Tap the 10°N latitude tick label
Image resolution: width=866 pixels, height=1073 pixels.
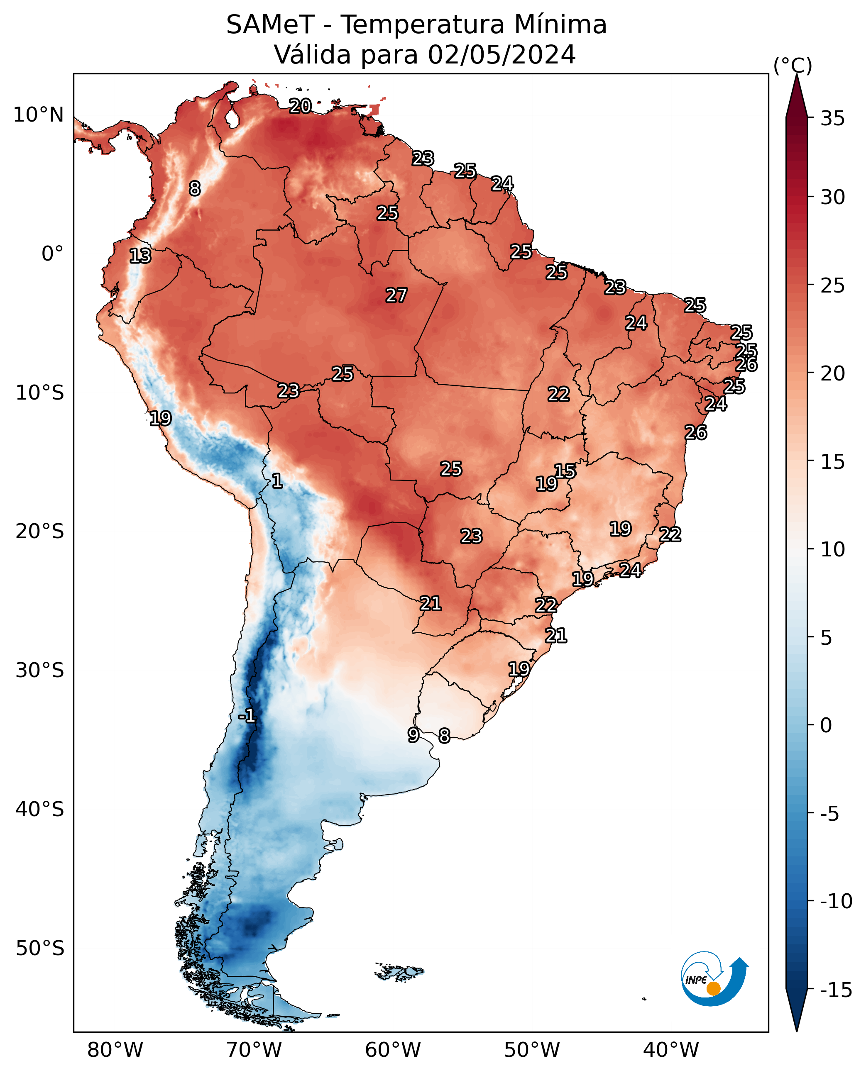coord(39,115)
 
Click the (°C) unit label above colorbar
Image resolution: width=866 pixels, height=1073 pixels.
coord(793,65)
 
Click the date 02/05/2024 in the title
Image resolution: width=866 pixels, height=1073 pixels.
coord(502,55)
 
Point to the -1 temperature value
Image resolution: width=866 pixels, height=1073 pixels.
coord(247,716)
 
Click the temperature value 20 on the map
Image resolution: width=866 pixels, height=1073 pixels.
coord(300,106)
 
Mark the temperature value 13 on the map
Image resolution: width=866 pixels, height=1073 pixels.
coord(140,256)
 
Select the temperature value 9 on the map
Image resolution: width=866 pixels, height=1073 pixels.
coord(413,734)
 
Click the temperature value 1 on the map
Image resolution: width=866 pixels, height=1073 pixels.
coord(277,480)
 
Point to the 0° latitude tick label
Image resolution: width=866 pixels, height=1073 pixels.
coord(52,254)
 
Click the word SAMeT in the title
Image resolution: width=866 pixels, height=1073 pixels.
coord(270,25)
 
